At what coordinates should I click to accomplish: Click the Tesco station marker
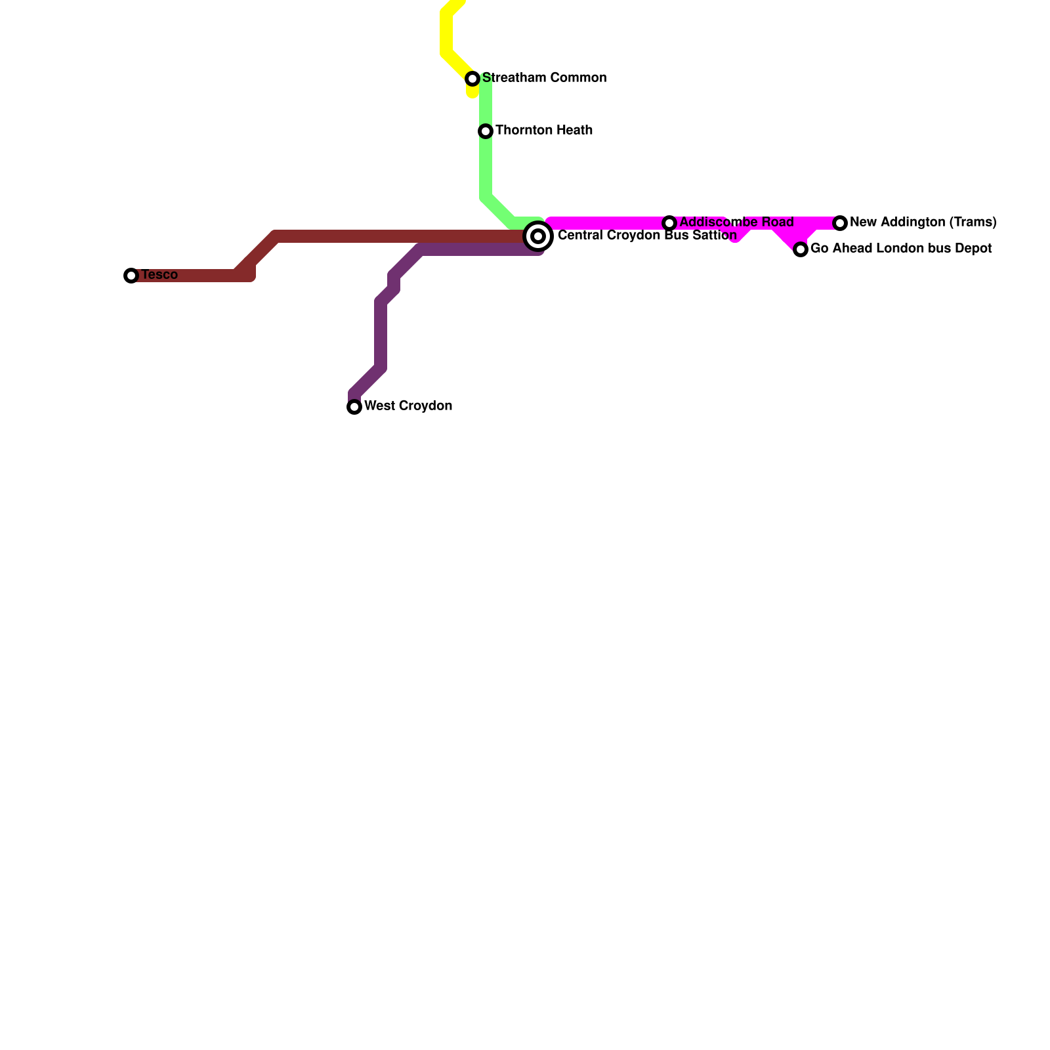(x=131, y=276)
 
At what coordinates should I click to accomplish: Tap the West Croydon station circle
(x=354, y=407)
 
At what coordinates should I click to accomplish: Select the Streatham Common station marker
(x=472, y=79)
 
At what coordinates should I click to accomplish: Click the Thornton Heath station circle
(x=486, y=131)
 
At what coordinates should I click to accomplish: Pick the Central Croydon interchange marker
(x=538, y=236)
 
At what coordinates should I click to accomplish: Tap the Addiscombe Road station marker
(x=669, y=223)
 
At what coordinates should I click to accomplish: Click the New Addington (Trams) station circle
(x=840, y=223)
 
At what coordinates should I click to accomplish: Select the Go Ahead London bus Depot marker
(x=801, y=249)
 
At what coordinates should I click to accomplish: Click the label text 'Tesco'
(x=159, y=275)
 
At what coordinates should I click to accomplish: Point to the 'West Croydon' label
(x=408, y=406)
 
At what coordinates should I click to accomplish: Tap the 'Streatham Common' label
(x=544, y=78)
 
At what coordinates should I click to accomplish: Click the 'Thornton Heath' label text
(x=544, y=131)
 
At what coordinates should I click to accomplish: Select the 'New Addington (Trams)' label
(x=923, y=222)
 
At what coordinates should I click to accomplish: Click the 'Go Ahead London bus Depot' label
(x=901, y=249)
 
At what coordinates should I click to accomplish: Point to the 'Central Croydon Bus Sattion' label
(x=647, y=236)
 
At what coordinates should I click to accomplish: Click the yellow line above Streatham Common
(x=447, y=33)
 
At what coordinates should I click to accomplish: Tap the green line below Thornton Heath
(x=486, y=171)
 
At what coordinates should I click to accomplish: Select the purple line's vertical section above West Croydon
(x=381, y=335)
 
